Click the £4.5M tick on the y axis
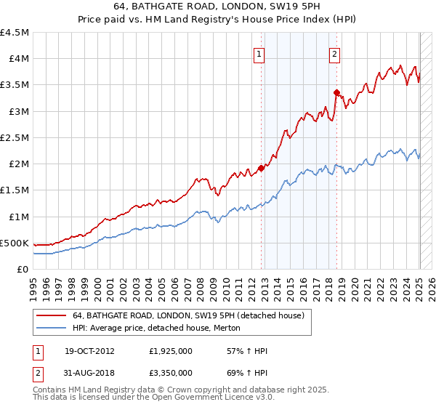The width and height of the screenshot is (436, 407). pos(15,33)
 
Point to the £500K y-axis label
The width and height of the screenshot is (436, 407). pos(15,243)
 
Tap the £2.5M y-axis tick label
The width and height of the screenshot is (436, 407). pos(15,137)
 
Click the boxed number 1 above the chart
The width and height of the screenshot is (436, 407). pos(259,52)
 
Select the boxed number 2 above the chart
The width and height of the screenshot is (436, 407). pos(334,52)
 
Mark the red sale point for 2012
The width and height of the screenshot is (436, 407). pos(262,168)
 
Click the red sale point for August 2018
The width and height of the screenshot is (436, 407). pos(337,92)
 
